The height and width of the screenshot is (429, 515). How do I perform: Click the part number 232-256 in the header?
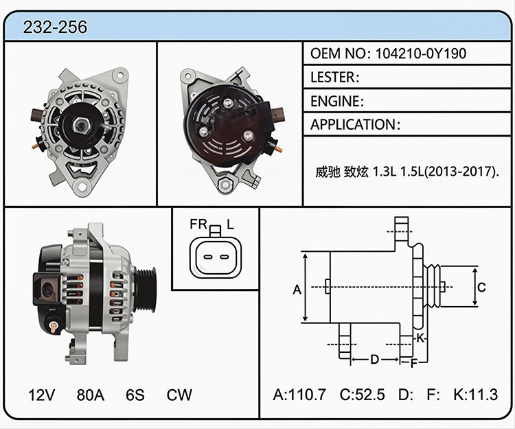pyautogui.click(x=55, y=27)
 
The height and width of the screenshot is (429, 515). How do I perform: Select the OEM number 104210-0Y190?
pyautogui.click(x=421, y=54)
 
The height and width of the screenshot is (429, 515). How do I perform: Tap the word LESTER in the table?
pyautogui.click(x=332, y=78)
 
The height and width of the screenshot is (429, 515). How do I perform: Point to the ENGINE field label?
pyautogui.click(x=335, y=102)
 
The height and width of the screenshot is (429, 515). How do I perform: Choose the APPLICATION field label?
pyautogui.click(x=354, y=125)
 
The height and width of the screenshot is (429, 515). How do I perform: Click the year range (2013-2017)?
pyautogui.click(x=460, y=172)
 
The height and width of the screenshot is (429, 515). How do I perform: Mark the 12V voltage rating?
pyautogui.click(x=42, y=395)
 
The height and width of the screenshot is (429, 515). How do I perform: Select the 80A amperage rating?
pyautogui.click(x=91, y=395)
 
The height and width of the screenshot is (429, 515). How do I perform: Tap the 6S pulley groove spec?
pyautogui.click(x=135, y=395)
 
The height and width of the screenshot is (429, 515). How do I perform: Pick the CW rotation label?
pyautogui.click(x=179, y=395)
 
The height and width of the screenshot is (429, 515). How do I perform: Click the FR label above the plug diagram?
pyautogui.click(x=198, y=224)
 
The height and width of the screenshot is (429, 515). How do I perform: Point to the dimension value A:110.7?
pyautogui.click(x=299, y=395)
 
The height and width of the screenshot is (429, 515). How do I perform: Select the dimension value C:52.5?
pyautogui.click(x=362, y=395)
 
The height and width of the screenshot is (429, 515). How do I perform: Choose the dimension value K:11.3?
pyautogui.click(x=476, y=395)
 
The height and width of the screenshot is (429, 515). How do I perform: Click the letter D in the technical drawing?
pyautogui.click(x=375, y=360)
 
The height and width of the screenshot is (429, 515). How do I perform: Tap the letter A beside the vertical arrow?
pyautogui.click(x=297, y=290)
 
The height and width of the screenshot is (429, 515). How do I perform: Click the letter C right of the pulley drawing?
pyautogui.click(x=481, y=287)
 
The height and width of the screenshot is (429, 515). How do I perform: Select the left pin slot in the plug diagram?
pyautogui.click(x=207, y=257)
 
